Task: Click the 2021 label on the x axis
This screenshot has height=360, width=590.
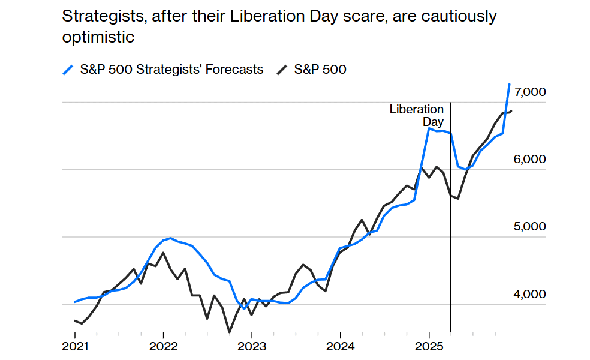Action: point(75,346)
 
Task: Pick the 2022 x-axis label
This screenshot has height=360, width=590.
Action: point(163,346)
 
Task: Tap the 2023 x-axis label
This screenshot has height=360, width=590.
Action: point(252,346)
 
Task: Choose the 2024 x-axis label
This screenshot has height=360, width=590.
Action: point(340,346)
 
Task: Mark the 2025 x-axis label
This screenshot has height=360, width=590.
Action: point(429,346)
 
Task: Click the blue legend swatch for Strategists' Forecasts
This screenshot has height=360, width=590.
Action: point(68,70)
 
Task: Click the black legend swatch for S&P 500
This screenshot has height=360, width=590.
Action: point(282,70)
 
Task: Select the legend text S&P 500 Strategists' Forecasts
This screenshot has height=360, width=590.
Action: point(171,70)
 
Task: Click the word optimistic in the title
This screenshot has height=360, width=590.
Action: point(98,37)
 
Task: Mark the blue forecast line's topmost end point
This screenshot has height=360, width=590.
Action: point(509,85)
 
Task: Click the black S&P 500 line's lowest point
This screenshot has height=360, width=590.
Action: point(229,332)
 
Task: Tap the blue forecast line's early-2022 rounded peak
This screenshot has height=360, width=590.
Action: point(171,238)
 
